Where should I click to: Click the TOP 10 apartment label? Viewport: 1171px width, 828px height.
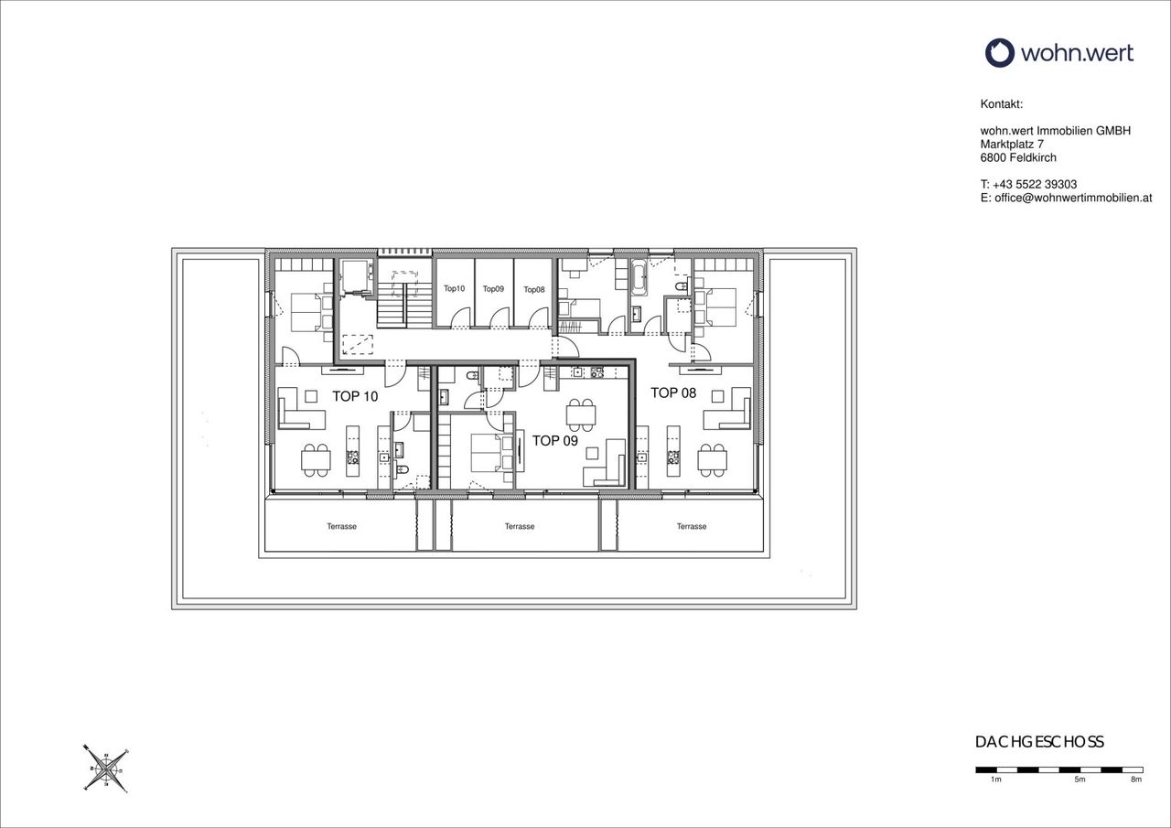click(x=355, y=396)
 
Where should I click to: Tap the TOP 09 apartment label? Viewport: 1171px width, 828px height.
click(x=555, y=441)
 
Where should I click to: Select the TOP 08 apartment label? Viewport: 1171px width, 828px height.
click(x=673, y=392)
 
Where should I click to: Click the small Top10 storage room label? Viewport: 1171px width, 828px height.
click(x=454, y=288)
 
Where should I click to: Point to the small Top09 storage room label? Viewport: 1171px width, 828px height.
click(x=493, y=288)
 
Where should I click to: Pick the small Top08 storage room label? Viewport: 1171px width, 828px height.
click(x=533, y=290)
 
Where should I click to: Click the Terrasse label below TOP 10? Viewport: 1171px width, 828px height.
click(x=342, y=526)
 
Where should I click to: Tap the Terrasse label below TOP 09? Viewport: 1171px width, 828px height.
click(x=520, y=526)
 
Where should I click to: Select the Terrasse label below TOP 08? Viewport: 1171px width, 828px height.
click(x=692, y=526)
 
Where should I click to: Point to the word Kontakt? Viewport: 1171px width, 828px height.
click(x=1002, y=104)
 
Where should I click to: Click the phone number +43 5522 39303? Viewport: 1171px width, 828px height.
click(x=1035, y=185)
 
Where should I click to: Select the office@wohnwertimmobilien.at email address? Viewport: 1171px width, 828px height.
click(x=1073, y=199)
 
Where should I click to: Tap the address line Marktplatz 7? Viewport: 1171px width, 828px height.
click(x=1012, y=145)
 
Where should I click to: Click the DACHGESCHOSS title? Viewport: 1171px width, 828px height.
click(x=1040, y=742)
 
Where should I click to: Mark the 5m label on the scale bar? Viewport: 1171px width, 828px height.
click(x=1080, y=794)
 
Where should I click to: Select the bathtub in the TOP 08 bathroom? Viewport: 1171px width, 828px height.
click(x=639, y=278)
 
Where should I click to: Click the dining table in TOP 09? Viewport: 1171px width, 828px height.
click(x=581, y=415)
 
